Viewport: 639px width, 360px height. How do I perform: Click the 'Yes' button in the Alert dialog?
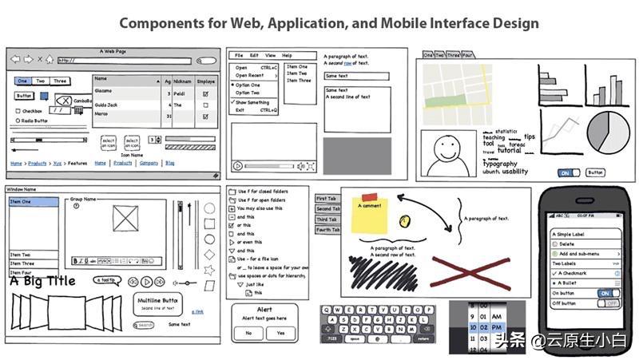280,333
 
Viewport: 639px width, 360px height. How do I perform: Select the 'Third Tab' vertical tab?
327,220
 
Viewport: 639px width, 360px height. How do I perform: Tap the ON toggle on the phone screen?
609,293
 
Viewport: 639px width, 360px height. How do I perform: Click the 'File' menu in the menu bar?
238,56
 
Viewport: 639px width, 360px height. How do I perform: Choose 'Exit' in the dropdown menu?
240,110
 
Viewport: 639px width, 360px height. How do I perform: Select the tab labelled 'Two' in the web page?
41,81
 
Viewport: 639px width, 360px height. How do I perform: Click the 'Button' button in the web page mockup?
24,97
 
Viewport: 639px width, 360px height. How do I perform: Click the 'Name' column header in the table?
101,79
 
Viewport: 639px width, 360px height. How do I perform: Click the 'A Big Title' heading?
42,281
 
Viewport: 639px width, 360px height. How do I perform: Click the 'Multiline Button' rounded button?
157,303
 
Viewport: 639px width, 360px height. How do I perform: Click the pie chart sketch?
609,131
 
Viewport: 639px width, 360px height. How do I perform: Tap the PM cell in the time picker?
496,326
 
